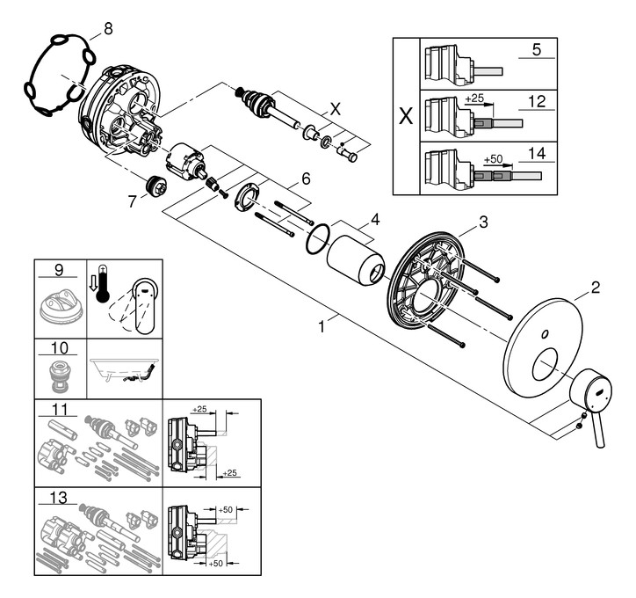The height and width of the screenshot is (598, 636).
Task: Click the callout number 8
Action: click(108, 29)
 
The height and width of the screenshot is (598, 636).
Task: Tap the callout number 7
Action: click(132, 202)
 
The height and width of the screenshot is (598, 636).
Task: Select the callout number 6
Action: click(306, 178)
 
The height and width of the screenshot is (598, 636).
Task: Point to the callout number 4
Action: click(374, 219)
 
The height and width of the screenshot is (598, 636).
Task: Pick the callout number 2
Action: click(595, 287)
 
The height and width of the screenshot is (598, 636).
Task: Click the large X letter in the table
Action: click(405, 116)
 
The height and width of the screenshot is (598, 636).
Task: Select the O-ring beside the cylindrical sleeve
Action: click(318, 238)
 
